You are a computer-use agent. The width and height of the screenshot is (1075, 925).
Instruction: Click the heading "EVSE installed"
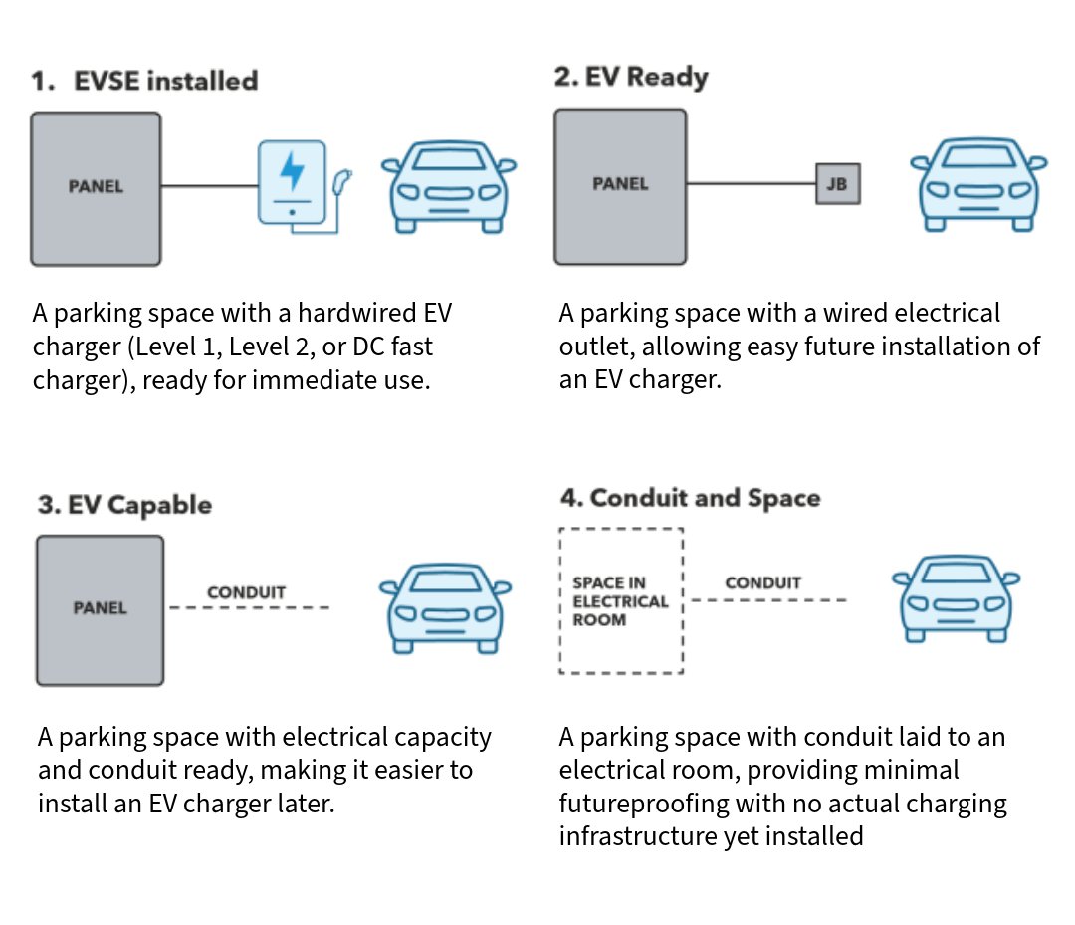(x=165, y=81)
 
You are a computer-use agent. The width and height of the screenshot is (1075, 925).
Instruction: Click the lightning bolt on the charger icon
(x=292, y=170)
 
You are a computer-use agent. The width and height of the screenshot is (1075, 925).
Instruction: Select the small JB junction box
(x=837, y=184)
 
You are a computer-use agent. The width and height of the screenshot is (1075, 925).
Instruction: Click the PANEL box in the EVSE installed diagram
(x=96, y=188)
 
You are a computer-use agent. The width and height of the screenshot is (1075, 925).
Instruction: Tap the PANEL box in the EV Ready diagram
(x=620, y=185)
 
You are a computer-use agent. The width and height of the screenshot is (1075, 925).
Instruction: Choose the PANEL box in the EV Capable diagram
(x=100, y=609)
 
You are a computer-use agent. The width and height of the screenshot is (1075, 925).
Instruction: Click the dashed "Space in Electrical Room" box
(x=621, y=601)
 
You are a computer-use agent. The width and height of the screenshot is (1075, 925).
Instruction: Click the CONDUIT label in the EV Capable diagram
(x=246, y=592)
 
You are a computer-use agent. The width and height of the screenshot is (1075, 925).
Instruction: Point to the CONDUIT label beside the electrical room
(x=762, y=583)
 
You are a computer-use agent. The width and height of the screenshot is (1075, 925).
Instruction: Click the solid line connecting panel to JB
(x=752, y=184)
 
